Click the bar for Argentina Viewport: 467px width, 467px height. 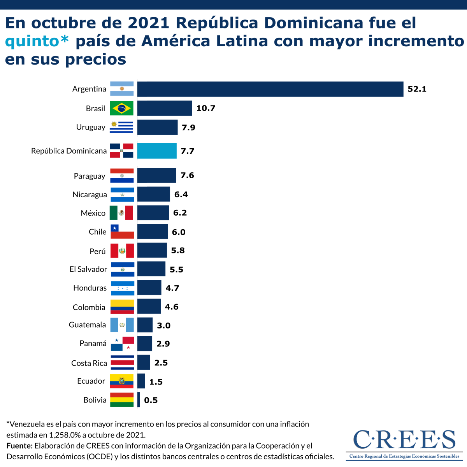(x=270, y=89)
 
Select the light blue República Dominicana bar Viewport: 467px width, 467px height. (x=157, y=151)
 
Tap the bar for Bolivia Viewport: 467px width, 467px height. (x=139, y=400)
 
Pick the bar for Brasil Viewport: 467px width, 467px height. (x=165, y=108)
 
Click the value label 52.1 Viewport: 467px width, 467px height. (x=417, y=89)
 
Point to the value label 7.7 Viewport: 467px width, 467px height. (x=187, y=151)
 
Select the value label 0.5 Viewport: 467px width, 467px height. (x=151, y=400)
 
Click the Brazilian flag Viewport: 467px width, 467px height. (x=122, y=108)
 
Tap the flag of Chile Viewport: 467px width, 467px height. (x=122, y=232)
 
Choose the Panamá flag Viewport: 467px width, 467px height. (x=122, y=344)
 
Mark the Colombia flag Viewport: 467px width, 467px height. (x=122, y=307)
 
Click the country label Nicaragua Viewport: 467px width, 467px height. (x=90, y=195)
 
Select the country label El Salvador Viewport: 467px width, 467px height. (x=88, y=269)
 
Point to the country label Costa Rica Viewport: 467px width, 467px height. (x=89, y=363)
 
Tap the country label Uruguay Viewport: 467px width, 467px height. (x=91, y=127)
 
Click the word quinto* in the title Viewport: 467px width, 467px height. (x=37, y=41)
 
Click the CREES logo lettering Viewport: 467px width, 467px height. (x=404, y=440)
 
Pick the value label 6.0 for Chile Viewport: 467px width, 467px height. (x=179, y=232)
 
